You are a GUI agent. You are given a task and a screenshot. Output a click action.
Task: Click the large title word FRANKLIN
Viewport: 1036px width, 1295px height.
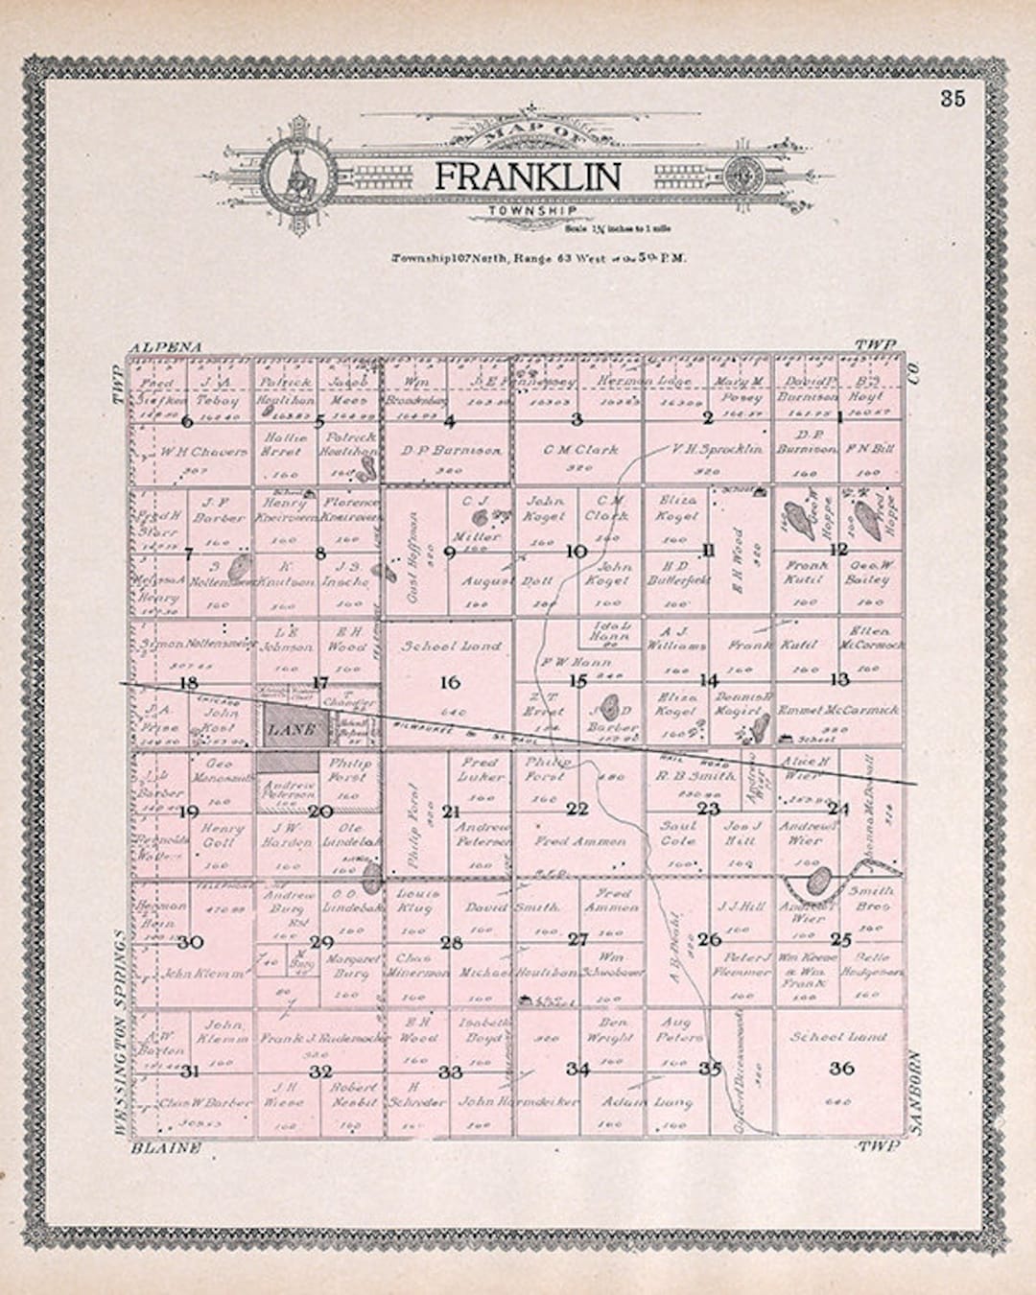(528, 177)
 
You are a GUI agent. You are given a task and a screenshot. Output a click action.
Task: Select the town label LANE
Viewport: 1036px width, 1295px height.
(291, 730)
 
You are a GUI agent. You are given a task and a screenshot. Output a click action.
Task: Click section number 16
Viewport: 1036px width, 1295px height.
(449, 683)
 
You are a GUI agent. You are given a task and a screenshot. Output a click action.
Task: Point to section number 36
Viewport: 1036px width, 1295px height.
(841, 1069)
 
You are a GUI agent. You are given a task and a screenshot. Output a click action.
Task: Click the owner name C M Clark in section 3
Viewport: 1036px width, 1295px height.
(580, 449)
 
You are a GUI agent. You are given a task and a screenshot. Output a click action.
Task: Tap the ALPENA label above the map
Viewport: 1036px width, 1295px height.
(168, 345)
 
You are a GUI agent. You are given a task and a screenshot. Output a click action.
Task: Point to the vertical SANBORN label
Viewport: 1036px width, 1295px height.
(915, 1094)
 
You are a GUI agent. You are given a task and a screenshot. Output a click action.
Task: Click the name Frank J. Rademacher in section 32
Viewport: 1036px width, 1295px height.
(320, 1038)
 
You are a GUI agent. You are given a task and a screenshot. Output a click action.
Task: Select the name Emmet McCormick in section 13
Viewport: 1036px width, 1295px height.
(839, 711)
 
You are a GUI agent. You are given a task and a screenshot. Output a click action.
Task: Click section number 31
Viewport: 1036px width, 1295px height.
(190, 1071)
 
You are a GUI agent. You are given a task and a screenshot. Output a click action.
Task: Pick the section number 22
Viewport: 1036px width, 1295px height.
(577, 810)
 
